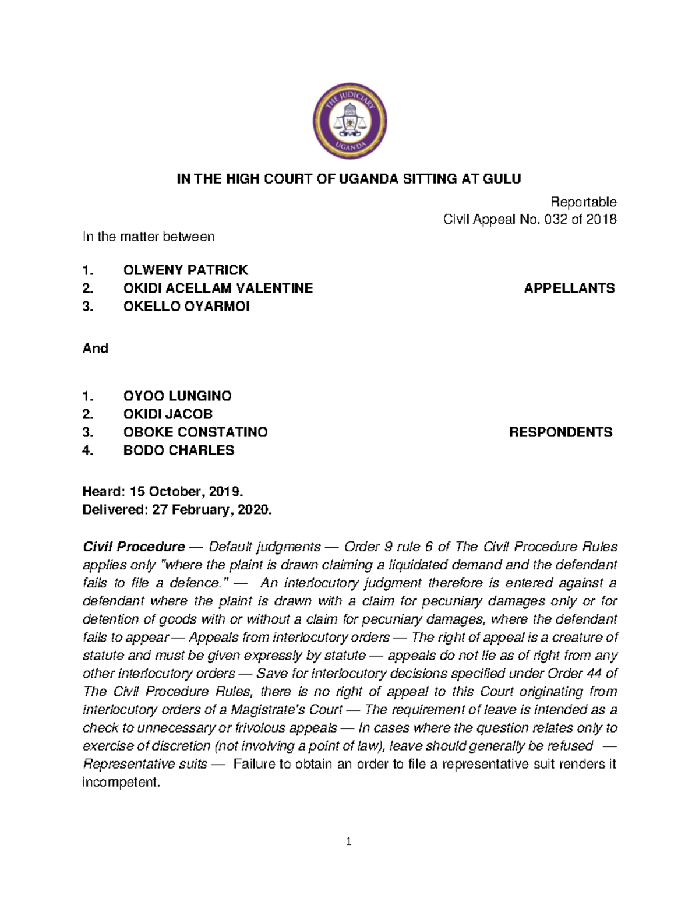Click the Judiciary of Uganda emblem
click(x=349, y=121)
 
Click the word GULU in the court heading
click(x=502, y=179)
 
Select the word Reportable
click(x=583, y=202)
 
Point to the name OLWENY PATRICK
click(x=185, y=270)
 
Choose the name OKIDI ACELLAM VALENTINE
click(x=218, y=288)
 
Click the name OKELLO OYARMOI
click(x=186, y=307)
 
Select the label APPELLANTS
click(x=569, y=288)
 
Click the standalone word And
click(x=96, y=348)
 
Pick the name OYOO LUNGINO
click(x=177, y=396)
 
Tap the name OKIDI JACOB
click(x=168, y=414)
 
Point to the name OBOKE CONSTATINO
click(x=195, y=432)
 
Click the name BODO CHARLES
click(x=178, y=450)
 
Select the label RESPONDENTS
click(x=560, y=432)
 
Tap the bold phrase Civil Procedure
click(x=133, y=547)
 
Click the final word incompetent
click(x=121, y=782)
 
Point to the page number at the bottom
click(x=349, y=841)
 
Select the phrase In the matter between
click(x=149, y=237)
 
